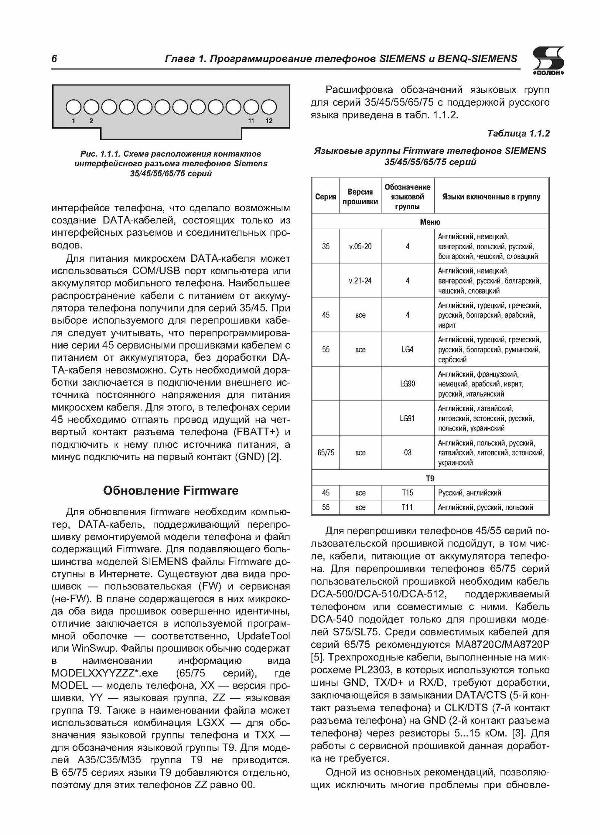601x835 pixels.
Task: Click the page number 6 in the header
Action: tap(54, 59)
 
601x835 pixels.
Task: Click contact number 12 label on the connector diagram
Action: tap(269, 121)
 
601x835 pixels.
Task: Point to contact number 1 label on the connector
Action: tap(74, 121)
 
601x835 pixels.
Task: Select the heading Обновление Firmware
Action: tap(170, 490)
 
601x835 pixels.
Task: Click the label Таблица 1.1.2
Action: tap(518, 134)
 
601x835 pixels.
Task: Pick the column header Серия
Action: tap(326, 197)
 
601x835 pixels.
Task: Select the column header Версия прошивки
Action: tap(360, 197)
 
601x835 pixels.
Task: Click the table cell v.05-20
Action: tap(360, 246)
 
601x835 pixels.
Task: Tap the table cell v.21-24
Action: tap(360, 281)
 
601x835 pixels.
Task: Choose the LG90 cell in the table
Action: tap(407, 384)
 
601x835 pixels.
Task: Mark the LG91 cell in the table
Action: tap(407, 418)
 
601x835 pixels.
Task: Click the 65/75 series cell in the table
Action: tap(326, 453)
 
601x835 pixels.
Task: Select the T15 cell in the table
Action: tap(407, 493)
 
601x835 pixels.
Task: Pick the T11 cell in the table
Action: tap(407, 507)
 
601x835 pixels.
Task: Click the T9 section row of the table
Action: tap(430, 478)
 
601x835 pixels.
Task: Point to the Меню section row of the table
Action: tap(430, 222)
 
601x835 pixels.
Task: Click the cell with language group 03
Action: tap(407, 453)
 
